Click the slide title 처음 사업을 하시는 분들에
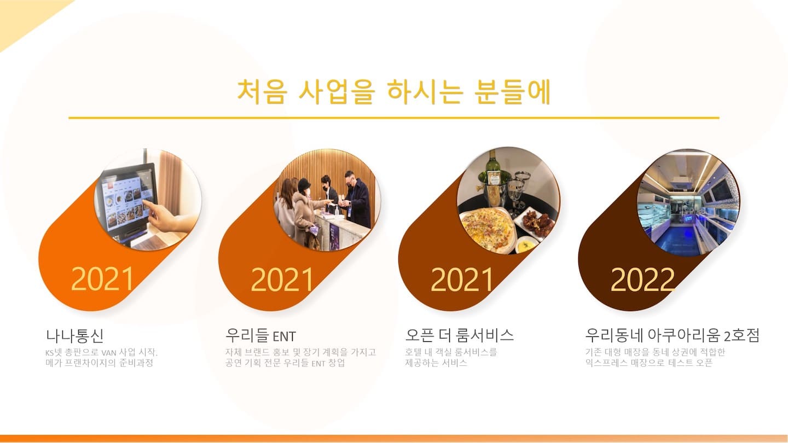(394, 91)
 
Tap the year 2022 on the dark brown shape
(642, 279)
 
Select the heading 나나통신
(74, 335)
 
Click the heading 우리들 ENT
(260, 335)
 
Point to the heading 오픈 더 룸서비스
(459, 335)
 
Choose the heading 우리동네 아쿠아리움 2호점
(672, 335)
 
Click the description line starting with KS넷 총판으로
(101, 352)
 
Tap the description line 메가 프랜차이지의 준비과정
(100, 363)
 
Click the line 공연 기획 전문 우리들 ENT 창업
(285, 363)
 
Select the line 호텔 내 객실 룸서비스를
(451, 352)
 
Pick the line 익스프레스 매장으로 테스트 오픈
(648, 363)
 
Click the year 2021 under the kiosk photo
(102, 279)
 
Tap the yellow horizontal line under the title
(393, 118)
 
